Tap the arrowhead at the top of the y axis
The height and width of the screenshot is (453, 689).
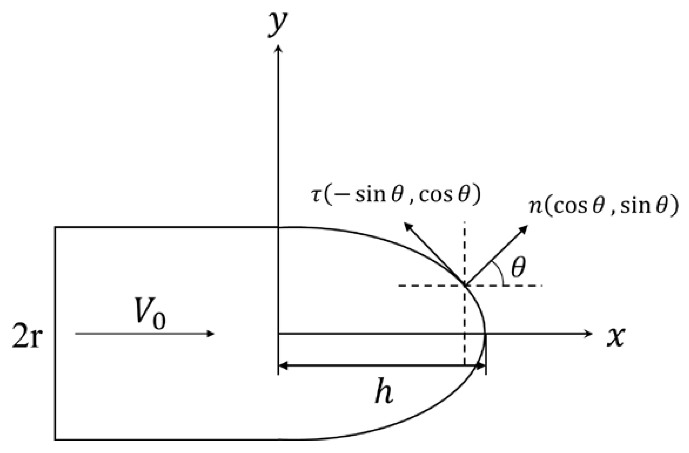(x=278, y=48)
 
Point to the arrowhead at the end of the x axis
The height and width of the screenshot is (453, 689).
(x=589, y=334)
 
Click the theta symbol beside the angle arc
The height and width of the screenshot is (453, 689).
(x=518, y=268)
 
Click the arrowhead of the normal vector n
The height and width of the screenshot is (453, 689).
(x=524, y=229)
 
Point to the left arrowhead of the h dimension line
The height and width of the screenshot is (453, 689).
(x=282, y=366)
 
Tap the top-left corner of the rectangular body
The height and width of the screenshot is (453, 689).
(x=55, y=227)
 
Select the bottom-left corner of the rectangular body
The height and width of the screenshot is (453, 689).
(x=55, y=440)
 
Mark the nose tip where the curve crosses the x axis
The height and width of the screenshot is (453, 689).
(x=485, y=334)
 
